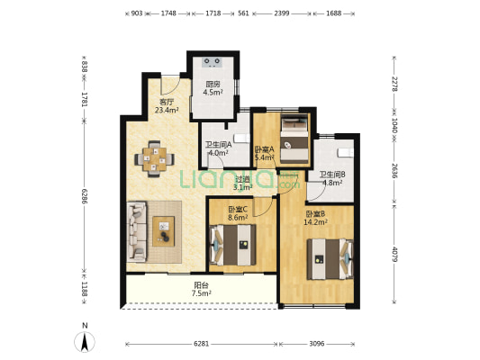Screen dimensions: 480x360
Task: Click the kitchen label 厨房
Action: tap(213, 85)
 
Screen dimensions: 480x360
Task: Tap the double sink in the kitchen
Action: tap(213, 62)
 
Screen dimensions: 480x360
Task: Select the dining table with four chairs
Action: tap(154, 158)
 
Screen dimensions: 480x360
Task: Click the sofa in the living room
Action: tap(137, 231)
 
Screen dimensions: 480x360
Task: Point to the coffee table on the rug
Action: tap(164, 231)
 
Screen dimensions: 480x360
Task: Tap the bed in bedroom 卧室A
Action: tap(294, 139)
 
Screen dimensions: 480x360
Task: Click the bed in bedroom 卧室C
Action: tap(233, 245)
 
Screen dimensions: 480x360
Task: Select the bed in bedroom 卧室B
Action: tap(331, 259)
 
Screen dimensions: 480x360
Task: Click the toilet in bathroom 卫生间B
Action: tap(346, 153)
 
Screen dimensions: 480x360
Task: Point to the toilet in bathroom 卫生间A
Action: tap(242, 139)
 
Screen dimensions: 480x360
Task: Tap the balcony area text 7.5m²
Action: tap(202, 293)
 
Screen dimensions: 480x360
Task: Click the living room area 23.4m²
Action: tap(167, 110)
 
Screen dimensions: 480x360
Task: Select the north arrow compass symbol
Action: tap(85, 341)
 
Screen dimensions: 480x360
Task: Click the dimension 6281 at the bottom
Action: tap(202, 344)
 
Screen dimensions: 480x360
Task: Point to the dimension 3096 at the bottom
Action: tap(317, 344)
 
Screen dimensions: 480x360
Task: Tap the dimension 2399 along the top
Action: tap(282, 13)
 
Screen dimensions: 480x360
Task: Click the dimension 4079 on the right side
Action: tap(394, 255)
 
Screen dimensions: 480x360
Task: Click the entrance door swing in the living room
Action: tap(170, 85)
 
